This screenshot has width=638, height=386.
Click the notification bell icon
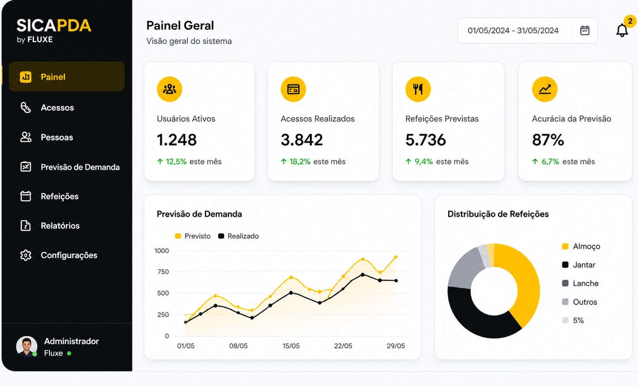coord(622,30)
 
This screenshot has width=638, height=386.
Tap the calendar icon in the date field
coord(585,30)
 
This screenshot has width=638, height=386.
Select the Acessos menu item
coord(57,108)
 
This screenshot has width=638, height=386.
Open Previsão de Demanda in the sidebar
coord(80,167)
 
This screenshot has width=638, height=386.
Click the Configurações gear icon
coord(26,255)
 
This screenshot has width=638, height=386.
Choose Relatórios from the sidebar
coord(60,226)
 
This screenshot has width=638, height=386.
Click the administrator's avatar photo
coord(26,346)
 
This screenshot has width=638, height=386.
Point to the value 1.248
coord(177,140)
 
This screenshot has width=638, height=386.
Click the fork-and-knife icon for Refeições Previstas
coord(418,89)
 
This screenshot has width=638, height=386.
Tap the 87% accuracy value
coord(548,140)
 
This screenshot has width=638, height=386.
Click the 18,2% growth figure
coord(300,162)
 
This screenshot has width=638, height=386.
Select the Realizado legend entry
coord(238,236)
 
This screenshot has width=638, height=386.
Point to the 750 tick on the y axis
coord(163,272)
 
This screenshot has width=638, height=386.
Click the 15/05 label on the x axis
coord(291,346)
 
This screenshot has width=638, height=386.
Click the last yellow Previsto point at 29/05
coord(396,257)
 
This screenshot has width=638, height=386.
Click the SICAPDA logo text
coord(54,25)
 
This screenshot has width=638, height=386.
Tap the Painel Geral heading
coord(180,25)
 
